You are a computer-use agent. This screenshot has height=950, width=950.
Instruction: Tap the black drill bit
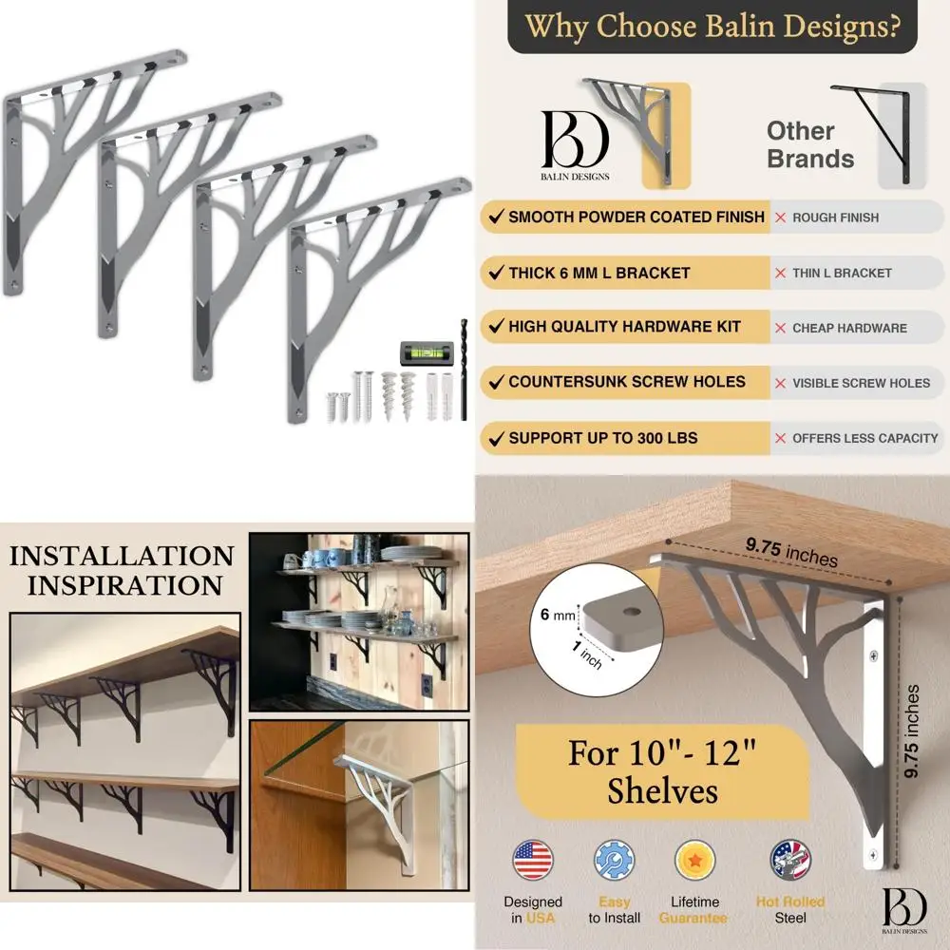[x=465, y=370]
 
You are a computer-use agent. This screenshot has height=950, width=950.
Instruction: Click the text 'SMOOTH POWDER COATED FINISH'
[x=636, y=217]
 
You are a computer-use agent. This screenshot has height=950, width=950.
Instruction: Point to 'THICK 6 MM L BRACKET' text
[x=598, y=273]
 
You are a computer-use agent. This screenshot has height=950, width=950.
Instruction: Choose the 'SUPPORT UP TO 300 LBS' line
[x=602, y=438]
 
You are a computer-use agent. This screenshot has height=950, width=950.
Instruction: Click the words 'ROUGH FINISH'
[x=835, y=218]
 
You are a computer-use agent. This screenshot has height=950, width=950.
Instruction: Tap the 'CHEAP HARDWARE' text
[x=849, y=328]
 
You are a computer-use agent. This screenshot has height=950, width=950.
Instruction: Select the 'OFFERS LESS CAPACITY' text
[x=864, y=438]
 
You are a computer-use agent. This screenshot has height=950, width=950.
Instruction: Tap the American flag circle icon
[x=533, y=861]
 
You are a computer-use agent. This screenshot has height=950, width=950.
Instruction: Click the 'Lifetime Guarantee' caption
[x=701, y=909]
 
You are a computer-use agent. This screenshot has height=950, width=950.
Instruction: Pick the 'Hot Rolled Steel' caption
[x=790, y=909]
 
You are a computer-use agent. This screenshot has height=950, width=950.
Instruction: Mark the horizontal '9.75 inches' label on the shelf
[x=791, y=552]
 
